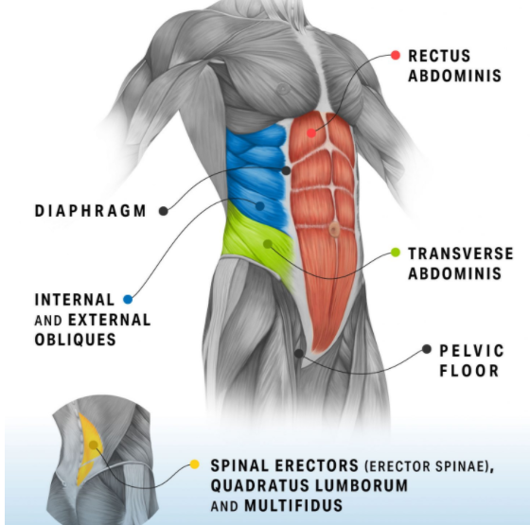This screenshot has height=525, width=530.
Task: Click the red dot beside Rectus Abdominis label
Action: click(396, 55)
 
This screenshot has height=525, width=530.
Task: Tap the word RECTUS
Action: click(439, 56)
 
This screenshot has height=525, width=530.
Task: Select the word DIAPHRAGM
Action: click(90, 211)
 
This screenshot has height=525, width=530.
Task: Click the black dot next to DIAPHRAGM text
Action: click(164, 211)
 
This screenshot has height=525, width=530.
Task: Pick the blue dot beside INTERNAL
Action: click(128, 299)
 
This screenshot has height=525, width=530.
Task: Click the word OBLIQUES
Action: click(76, 340)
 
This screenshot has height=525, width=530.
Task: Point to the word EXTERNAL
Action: click(110, 320)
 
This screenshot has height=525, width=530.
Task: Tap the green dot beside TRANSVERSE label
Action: click(396, 253)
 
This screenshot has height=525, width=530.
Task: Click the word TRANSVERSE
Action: click(461, 254)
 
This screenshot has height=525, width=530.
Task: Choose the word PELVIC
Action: click(471, 351)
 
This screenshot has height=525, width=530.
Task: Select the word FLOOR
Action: click(469, 371)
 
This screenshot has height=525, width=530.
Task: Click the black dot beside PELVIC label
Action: click(427, 349)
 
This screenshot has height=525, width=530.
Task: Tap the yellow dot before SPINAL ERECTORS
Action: click(194, 464)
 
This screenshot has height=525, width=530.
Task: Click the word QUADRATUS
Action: click(260, 486)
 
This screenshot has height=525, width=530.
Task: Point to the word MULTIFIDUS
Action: click(293, 506)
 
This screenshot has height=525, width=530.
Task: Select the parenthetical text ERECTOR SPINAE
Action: click(427, 466)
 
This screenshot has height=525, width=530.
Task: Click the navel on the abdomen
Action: click(334, 229)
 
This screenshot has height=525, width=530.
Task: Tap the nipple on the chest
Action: click(283, 89)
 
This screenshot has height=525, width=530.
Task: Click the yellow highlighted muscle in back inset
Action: click(89, 449)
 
